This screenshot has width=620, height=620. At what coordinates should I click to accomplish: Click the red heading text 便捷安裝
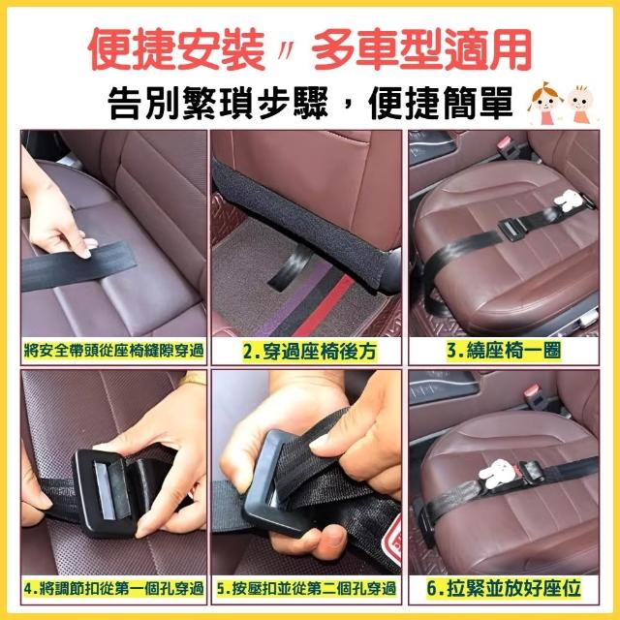[176, 50]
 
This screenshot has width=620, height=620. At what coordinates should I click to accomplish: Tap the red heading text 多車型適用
[421, 50]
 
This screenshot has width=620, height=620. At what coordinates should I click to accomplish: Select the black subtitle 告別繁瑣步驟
[217, 103]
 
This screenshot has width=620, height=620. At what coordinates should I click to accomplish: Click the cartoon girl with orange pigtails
[544, 103]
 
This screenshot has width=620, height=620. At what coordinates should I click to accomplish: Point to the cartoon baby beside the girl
[580, 104]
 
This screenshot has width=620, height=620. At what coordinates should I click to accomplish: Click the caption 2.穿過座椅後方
[309, 351]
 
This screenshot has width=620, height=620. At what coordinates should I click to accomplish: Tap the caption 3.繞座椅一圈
[504, 351]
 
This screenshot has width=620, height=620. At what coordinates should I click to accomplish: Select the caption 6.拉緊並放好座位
[504, 588]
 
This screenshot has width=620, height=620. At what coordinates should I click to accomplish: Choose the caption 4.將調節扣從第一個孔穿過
[114, 589]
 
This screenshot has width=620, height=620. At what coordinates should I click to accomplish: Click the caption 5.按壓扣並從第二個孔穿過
[306, 589]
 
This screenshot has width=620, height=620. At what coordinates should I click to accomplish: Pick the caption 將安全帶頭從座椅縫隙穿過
[114, 351]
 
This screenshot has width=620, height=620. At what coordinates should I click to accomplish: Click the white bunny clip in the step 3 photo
[568, 201]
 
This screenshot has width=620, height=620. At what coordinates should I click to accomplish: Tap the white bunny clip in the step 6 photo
[497, 474]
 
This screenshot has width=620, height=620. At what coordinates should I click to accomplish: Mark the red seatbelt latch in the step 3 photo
[506, 143]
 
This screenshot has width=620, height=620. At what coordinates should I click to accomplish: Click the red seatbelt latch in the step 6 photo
[533, 391]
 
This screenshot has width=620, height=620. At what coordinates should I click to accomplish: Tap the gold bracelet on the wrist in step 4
[193, 380]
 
